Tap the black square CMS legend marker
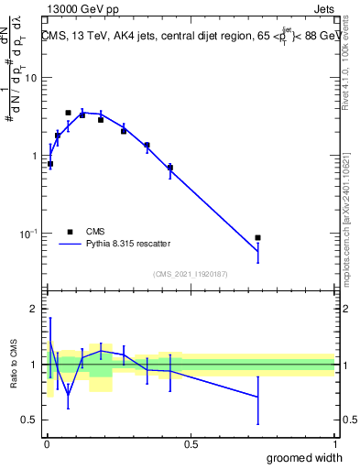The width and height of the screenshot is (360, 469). [x=70, y=232]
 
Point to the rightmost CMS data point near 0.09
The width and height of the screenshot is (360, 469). [x=258, y=238]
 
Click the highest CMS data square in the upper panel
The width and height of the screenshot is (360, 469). [x=68, y=113]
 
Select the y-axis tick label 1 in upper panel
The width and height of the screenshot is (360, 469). [x=35, y=156]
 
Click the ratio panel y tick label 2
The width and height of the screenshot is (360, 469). [x=35, y=310]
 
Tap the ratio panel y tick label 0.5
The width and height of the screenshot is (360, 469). [x=30, y=420]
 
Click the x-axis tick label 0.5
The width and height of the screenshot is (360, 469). [x=191, y=444]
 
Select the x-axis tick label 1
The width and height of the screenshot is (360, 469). [x=334, y=444]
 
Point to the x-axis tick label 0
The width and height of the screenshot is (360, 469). [x=47, y=444]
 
